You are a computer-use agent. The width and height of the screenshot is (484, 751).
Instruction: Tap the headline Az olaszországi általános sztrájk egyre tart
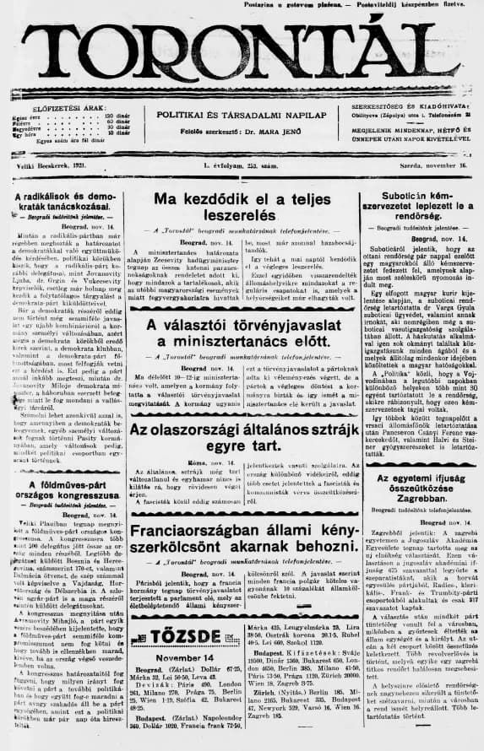(x=242, y=439)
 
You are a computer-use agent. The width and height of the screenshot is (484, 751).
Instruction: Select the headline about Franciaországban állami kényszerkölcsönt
(x=242, y=538)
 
